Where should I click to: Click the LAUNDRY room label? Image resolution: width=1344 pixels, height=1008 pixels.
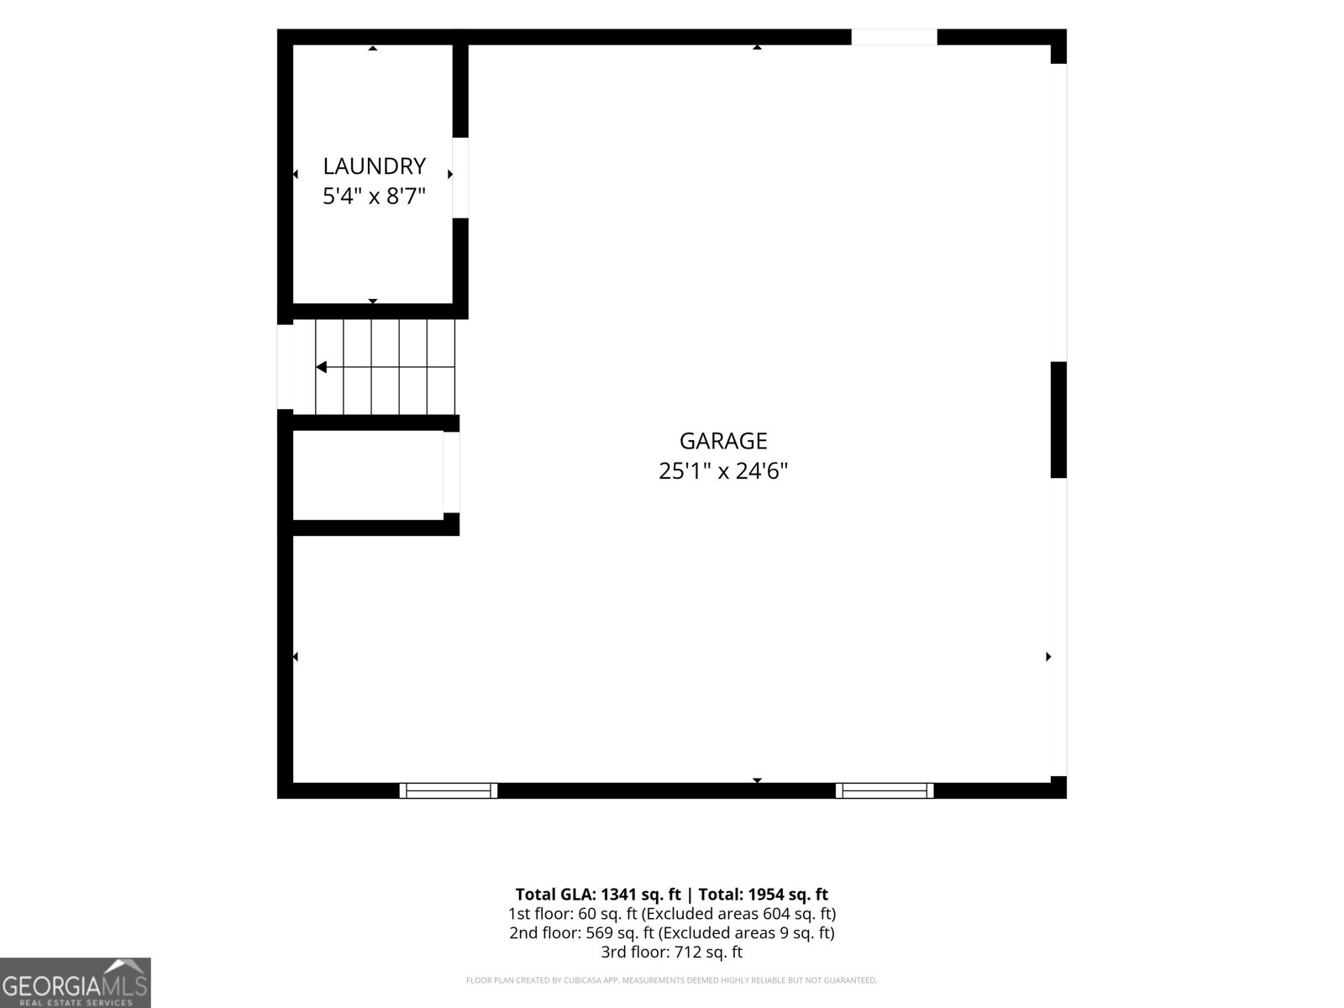coord(374,165)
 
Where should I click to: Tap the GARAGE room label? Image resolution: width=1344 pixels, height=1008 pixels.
coord(723,441)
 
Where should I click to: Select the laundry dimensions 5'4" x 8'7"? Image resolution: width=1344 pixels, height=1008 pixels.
coord(374,196)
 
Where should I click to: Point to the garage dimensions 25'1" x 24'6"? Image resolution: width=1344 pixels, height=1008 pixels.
coord(723,470)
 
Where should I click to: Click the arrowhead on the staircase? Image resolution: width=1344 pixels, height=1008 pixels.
coord(321,367)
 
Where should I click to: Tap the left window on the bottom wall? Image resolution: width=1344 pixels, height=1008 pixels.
coord(449,790)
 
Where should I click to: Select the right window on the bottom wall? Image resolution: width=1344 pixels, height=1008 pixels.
coord(885,790)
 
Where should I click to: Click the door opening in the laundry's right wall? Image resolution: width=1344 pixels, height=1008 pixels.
coord(460,177)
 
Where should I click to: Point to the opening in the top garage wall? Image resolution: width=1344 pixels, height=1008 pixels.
coord(894,37)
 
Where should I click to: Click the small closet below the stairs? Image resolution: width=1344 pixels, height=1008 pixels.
coord(368,475)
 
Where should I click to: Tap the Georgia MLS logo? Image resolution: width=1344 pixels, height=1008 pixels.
coord(76,983)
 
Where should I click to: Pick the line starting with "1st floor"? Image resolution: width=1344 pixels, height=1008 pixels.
coord(672,914)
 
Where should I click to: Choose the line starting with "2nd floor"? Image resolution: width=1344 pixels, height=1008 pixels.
coord(672,932)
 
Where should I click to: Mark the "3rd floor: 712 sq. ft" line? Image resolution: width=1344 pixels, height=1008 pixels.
coord(672,952)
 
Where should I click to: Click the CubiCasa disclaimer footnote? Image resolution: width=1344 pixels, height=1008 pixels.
coord(672,980)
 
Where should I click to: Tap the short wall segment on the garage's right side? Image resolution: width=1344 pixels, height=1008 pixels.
coord(1058,420)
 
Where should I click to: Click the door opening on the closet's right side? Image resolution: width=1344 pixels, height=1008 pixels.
coord(451,472)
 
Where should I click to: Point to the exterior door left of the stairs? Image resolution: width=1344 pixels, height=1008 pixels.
coord(286,366)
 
